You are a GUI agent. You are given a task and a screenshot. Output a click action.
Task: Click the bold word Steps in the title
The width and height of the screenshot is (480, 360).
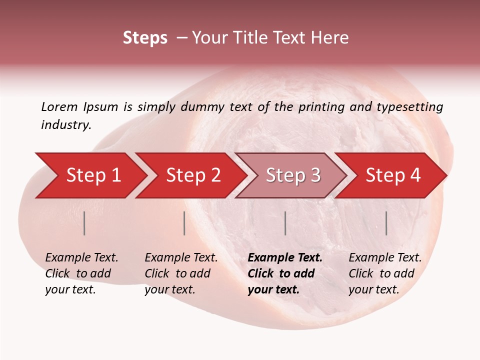coord(145,37)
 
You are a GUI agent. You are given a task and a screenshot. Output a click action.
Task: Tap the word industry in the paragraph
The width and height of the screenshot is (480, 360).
coord(65,124)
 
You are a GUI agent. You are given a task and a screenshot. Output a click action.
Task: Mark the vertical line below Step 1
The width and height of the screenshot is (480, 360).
coord(84,223)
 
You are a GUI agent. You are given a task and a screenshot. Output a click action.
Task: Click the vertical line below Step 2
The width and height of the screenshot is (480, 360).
coord(184,223)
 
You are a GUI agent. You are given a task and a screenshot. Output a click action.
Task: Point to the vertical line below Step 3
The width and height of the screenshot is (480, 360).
coord(285,223)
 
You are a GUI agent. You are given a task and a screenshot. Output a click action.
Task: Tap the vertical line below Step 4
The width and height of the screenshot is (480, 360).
coord(386,223)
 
